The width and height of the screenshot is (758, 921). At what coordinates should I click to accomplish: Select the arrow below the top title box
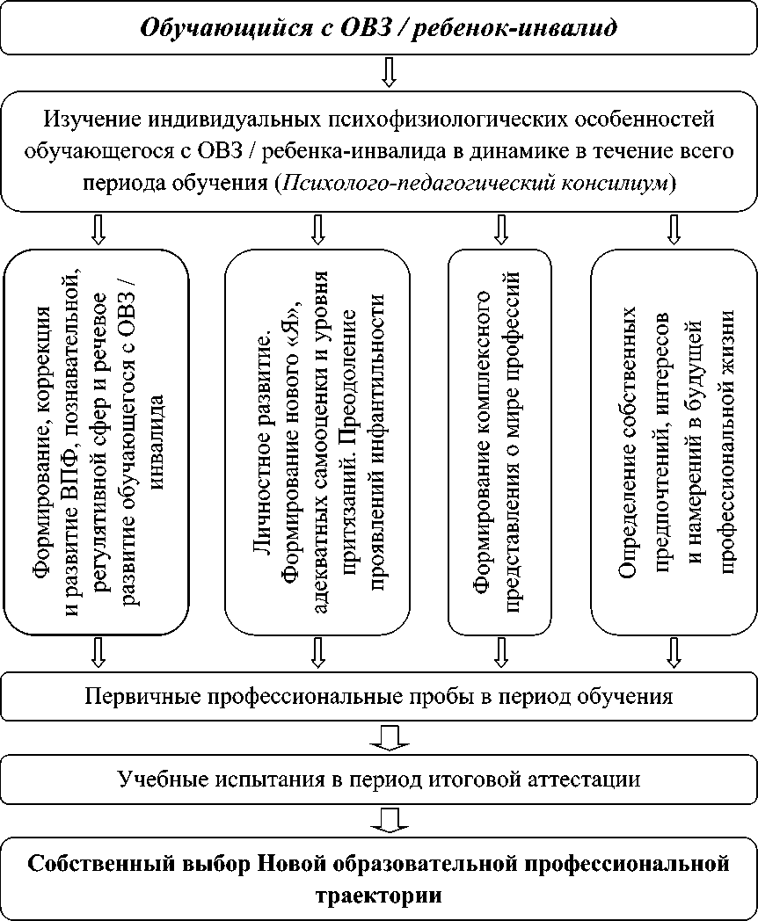(x=388, y=71)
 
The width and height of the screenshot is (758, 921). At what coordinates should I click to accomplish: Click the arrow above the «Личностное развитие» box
(x=317, y=229)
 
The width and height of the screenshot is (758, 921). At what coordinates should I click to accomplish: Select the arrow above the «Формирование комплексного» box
(x=501, y=229)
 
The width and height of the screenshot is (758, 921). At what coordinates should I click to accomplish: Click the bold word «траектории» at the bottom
(x=379, y=896)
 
